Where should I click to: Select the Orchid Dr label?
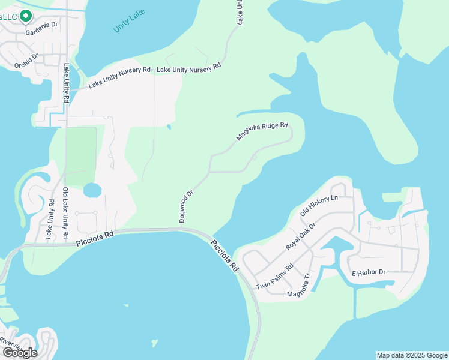(27, 61)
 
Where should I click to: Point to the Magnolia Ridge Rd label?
(262, 132)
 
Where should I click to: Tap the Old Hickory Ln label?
(319, 205)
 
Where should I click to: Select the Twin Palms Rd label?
(274, 277)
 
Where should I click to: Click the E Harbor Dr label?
(368, 272)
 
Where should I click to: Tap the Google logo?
(19, 353)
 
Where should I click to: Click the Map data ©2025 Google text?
(411, 355)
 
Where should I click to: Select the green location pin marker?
(25, 16)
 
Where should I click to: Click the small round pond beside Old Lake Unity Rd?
(92, 191)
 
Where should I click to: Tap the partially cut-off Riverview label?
(11, 342)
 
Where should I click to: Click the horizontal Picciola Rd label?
(95, 238)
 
